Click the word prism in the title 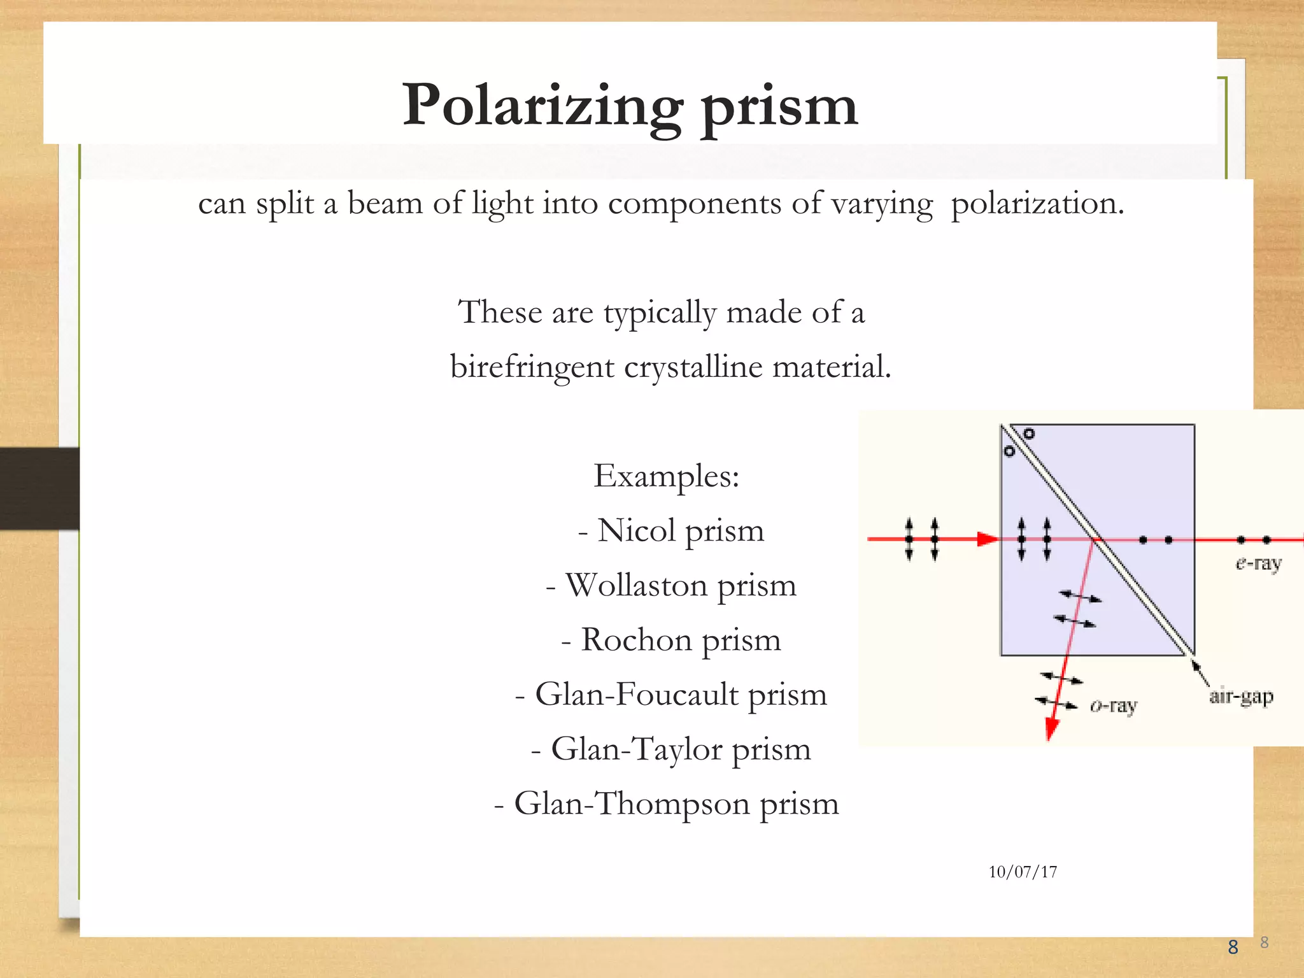[779, 108]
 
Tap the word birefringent [532, 367]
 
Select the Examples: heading [667, 476]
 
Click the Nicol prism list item [671, 530]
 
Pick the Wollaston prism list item [671, 585]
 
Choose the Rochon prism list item [671, 640]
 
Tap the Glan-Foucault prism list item [671, 695]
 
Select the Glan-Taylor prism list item [671, 749]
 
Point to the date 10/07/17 [1023, 872]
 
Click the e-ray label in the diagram [1258, 564]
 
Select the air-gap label [1241, 697]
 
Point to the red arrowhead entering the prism [988, 539]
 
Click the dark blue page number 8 [1233, 947]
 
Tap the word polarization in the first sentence [1037, 205]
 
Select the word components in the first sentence [694, 205]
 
